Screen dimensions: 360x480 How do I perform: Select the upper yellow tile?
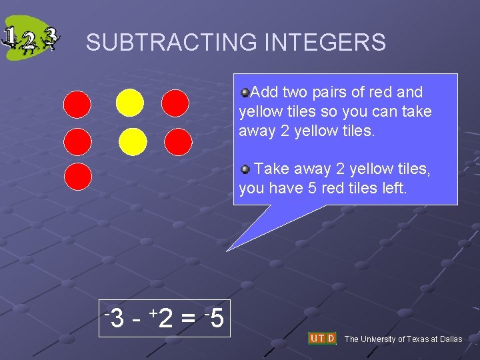tap(129, 103)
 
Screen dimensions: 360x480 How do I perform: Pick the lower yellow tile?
tap(133, 141)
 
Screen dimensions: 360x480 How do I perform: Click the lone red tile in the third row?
tap(77, 177)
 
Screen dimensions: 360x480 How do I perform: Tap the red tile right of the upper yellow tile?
tap(175, 103)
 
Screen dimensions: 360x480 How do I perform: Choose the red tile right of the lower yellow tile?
tap(178, 141)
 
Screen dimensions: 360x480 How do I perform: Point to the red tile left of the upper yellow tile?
tap(77, 104)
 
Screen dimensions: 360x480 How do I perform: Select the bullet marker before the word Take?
tap(245, 169)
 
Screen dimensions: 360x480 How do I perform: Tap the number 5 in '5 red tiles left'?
tap(313, 189)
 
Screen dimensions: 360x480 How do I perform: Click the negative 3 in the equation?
tap(115, 319)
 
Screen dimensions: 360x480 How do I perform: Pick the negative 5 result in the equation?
tap(215, 319)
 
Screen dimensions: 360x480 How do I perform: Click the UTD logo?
tap(322, 338)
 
